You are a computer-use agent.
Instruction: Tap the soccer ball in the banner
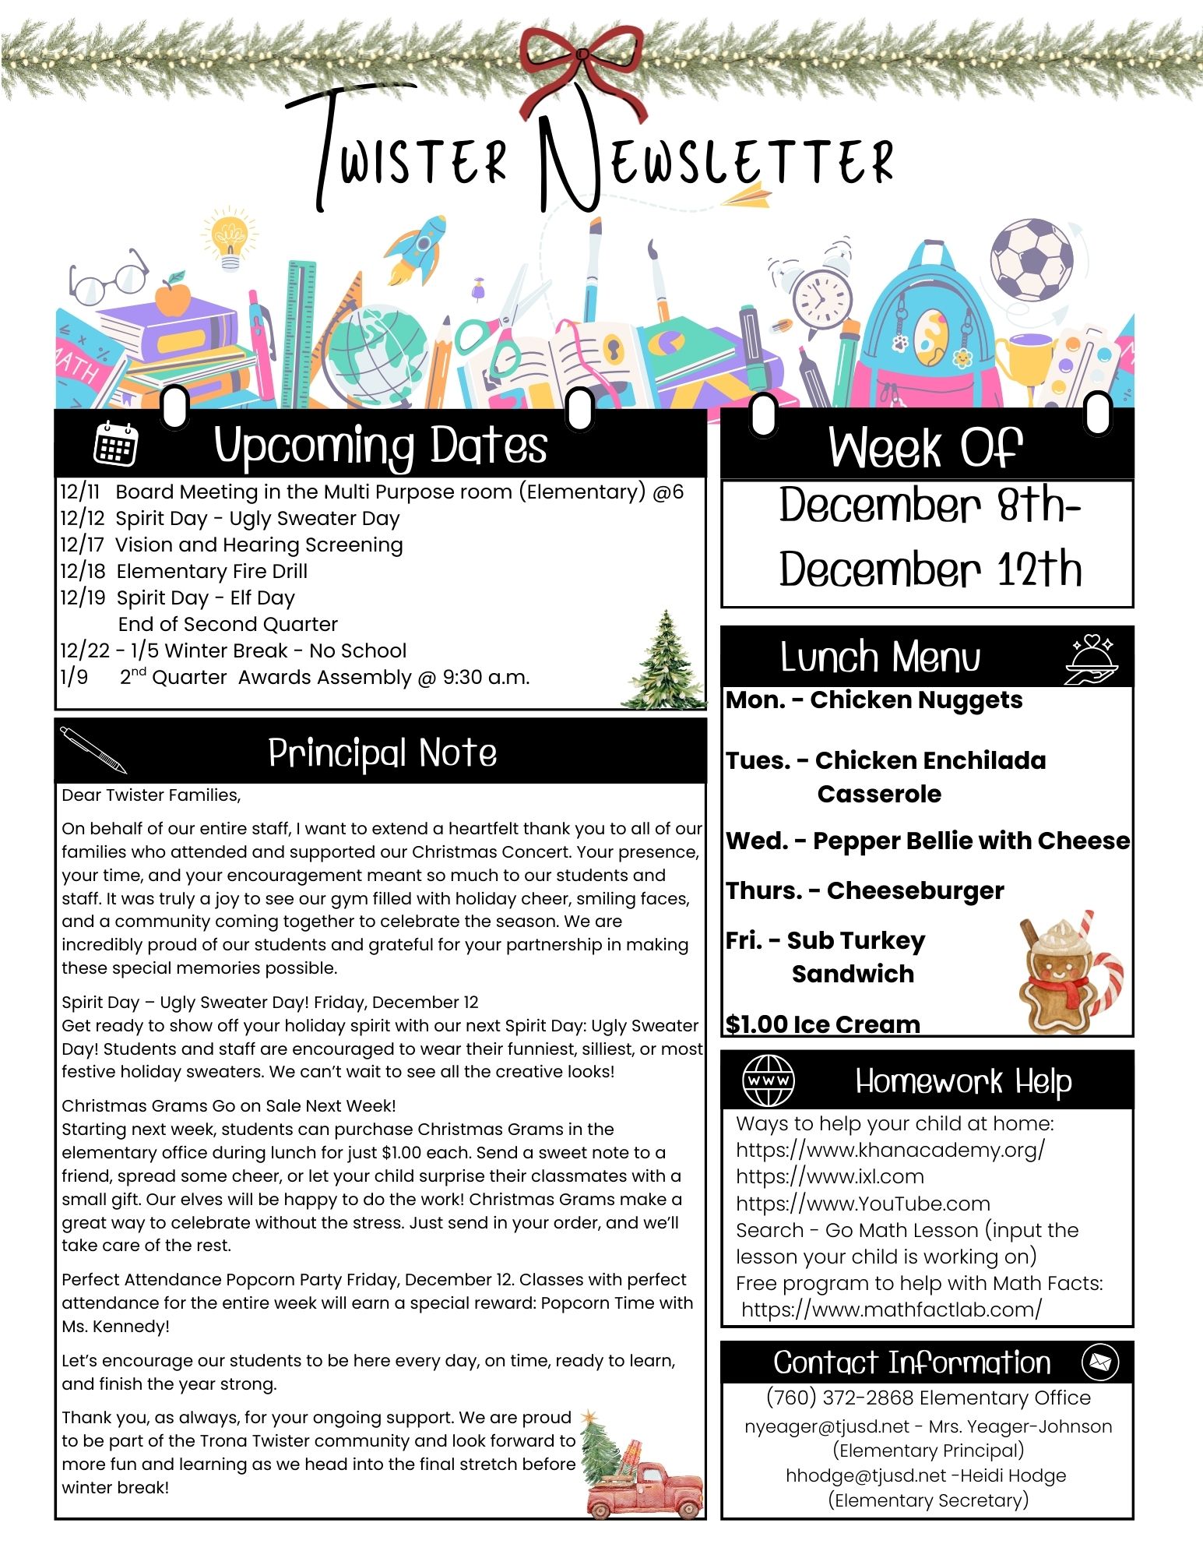tap(1031, 259)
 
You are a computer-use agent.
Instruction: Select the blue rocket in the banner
tap(419, 247)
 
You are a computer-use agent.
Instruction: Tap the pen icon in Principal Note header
tap(93, 749)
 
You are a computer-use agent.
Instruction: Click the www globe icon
tap(768, 1080)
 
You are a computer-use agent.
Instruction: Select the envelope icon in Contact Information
tap(1100, 1362)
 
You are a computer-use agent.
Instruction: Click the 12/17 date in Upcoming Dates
tap(82, 545)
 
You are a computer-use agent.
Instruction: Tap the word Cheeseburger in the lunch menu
tap(915, 890)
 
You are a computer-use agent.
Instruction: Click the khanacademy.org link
tap(890, 1150)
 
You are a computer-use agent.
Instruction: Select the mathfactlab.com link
tap(891, 1309)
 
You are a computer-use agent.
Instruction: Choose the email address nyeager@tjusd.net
tap(826, 1426)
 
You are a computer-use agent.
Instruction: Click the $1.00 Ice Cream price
tap(822, 1024)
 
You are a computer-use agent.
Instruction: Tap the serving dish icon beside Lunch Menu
tap(1091, 659)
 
